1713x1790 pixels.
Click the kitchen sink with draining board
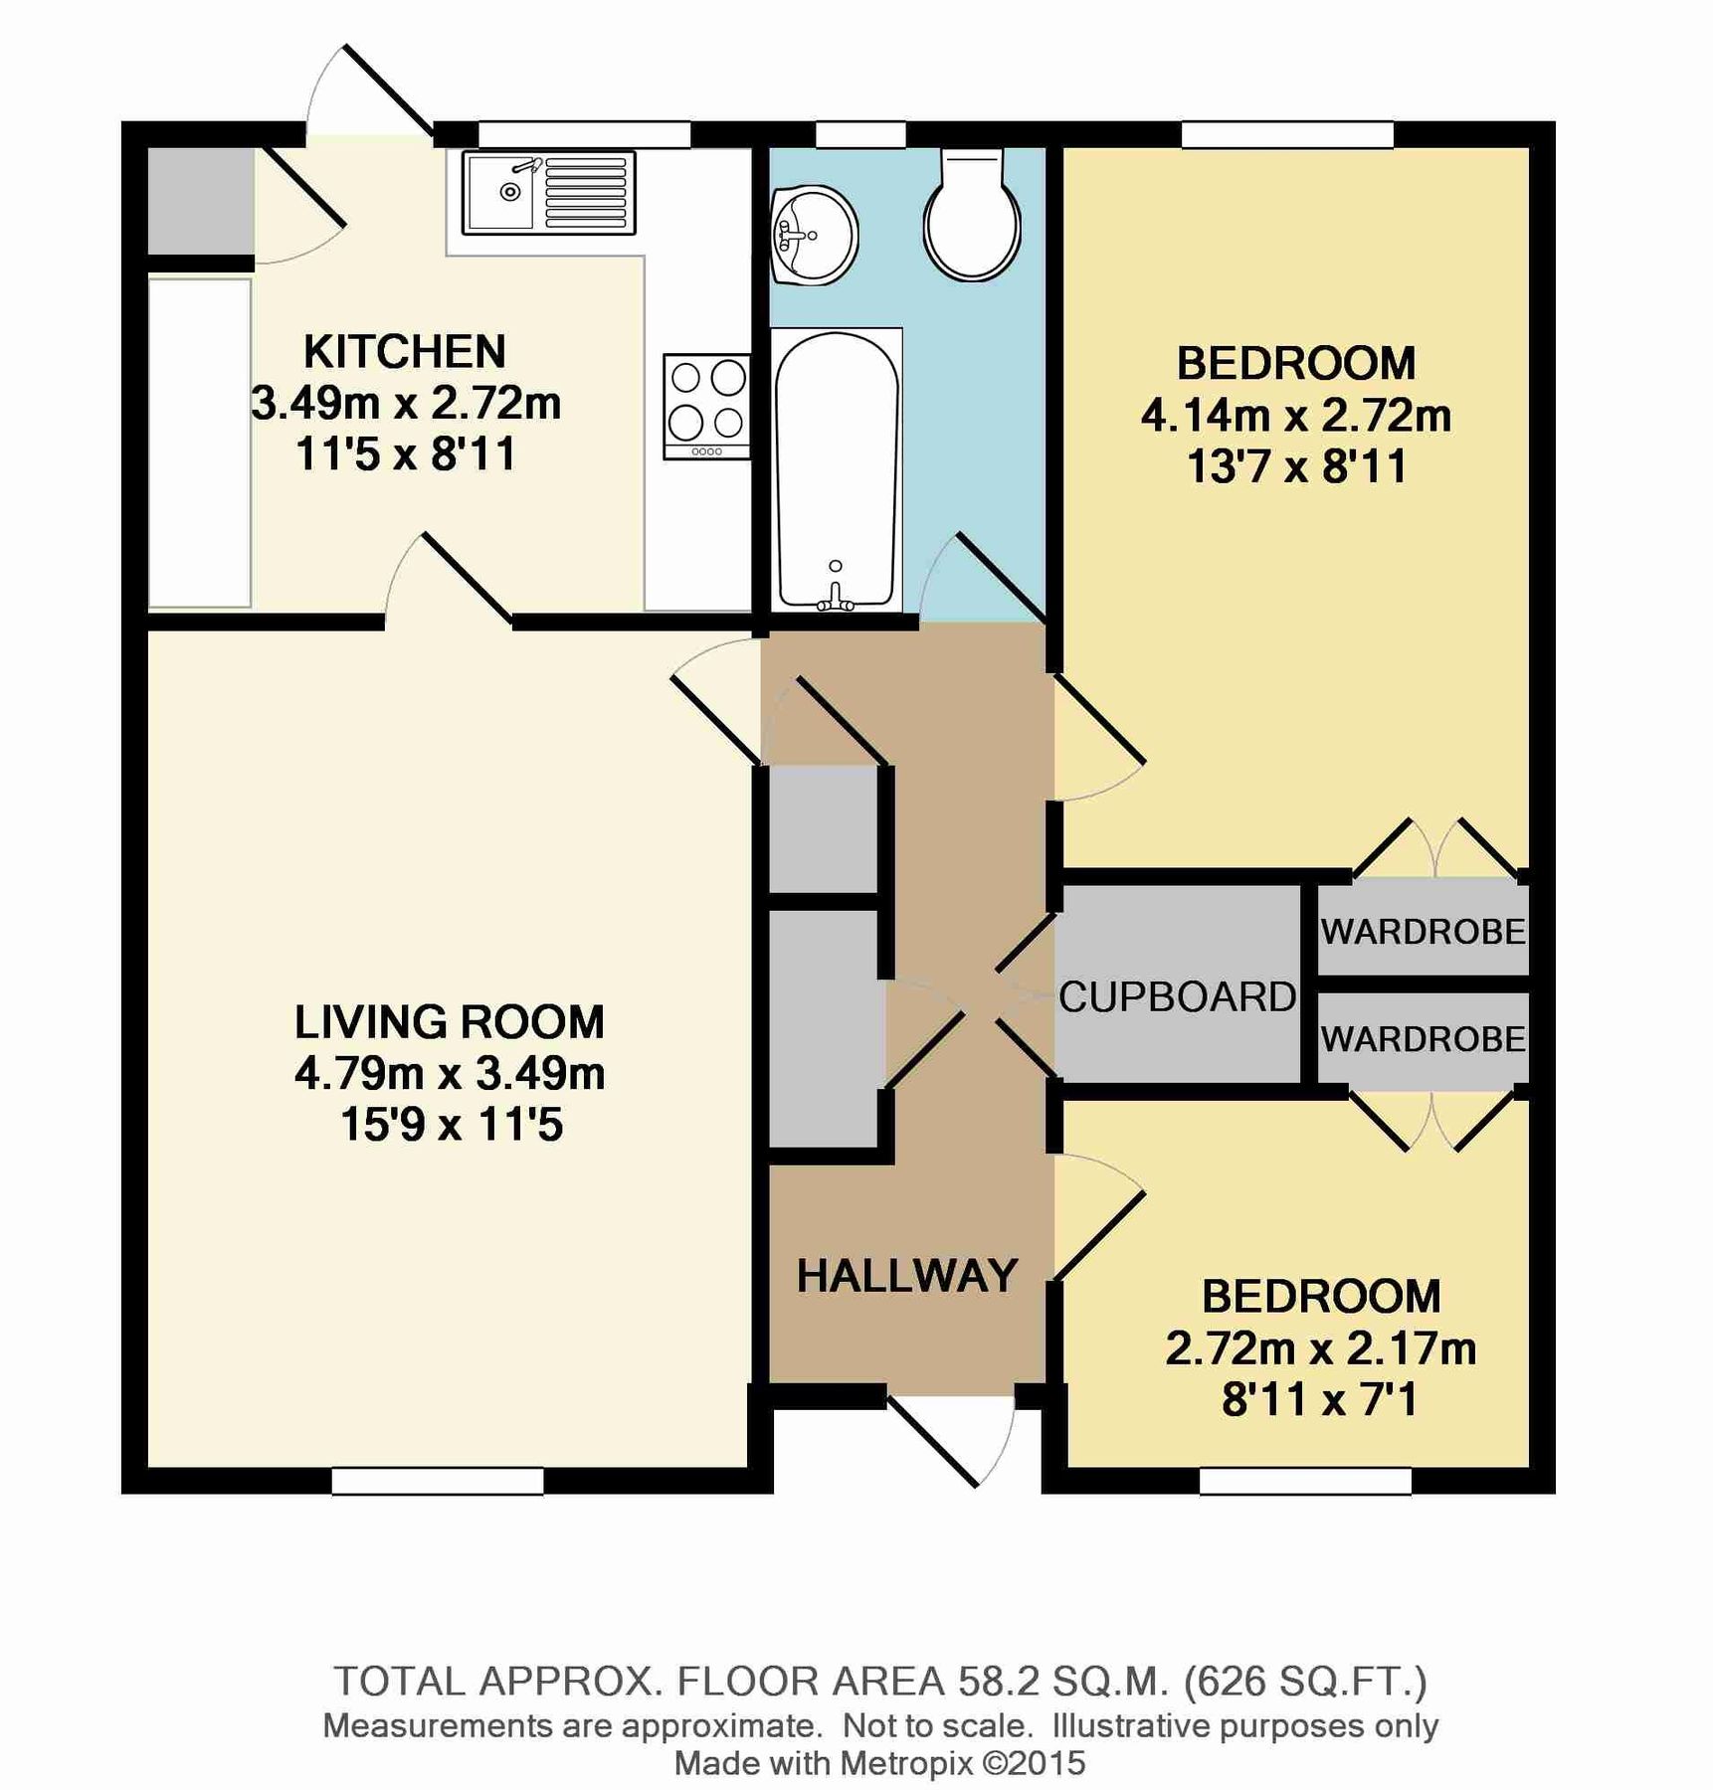pyautogui.click(x=548, y=193)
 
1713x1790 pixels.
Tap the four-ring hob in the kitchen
pyautogui.click(x=707, y=406)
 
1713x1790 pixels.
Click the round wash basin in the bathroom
pyautogui.click(x=813, y=235)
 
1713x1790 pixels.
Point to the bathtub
pyautogui.click(x=836, y=469)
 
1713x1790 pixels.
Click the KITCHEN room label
pyautogui.click(x=405, y=352)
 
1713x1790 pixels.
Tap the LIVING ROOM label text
pyautogui.click(x=450, y=1022)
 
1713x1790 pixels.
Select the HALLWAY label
pyautogui.click(x=907, y=1276)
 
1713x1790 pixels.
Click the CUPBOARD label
pyautogui.click(x=1177, y=996)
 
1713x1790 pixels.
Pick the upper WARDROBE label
pyautogui.click(x=1423, y=932)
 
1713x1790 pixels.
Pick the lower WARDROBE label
pyautogui.click(x=1423, y=1039)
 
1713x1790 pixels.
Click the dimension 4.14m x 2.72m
pyautogui.click(x=1295, y=416)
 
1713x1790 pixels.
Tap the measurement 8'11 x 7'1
pyautogui.click(x=1319, y=1400)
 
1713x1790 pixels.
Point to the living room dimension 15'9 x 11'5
pyautogui.click(x=451, y=1125)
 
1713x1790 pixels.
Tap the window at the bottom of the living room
pyautogui.click(x=438, y=1481)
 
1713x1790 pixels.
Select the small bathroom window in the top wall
pyautogui.click(x=860, y=134)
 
